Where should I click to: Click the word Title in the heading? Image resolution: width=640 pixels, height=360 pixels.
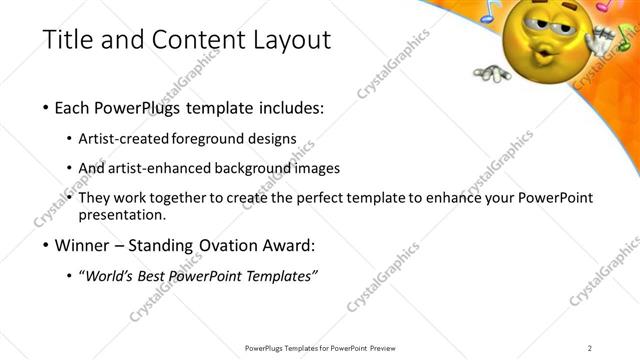pos(70,40)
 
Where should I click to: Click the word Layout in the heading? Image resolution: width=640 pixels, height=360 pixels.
pos(289,40)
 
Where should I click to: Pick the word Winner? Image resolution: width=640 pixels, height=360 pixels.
pos(84,245)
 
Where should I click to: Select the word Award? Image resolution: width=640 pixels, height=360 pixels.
pos(286,245)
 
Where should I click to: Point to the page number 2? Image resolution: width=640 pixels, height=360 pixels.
pos(590,347)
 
